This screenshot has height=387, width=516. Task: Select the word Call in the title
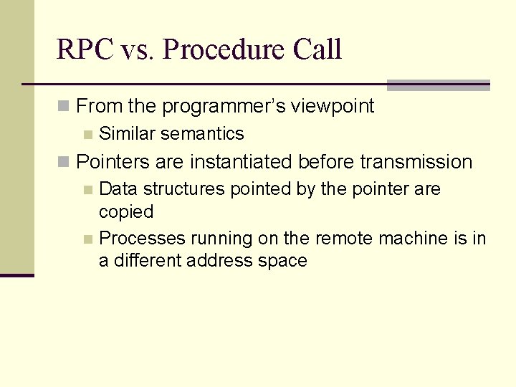317,50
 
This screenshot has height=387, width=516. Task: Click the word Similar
128,134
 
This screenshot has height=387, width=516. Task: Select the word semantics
203,134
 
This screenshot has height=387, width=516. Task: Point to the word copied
126,212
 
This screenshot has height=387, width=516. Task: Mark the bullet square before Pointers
64,163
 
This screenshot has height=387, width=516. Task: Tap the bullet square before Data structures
87,190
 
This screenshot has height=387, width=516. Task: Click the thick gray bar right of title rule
438,85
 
